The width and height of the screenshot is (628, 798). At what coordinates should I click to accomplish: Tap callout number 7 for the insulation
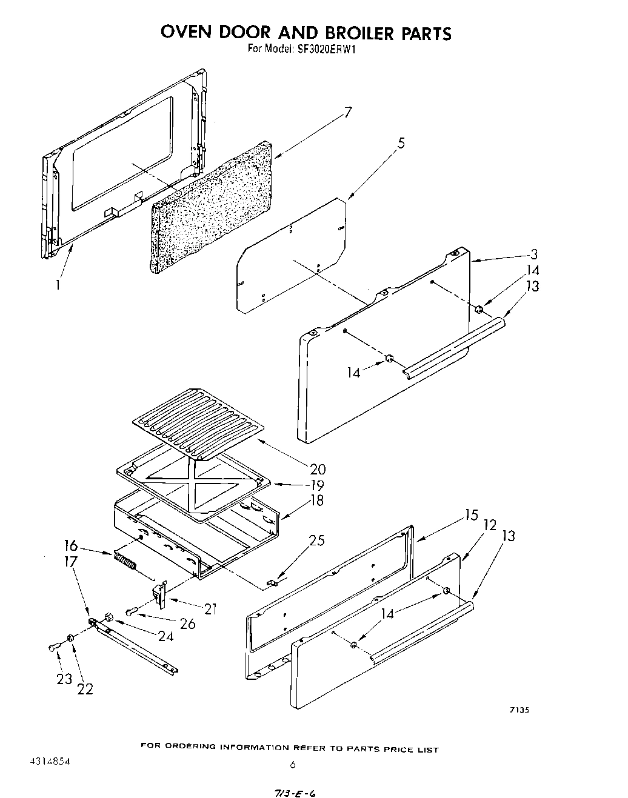[347, 112]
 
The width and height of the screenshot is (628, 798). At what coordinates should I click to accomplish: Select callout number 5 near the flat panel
[401, 144]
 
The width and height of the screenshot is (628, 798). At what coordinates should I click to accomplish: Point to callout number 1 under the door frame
[58, 284]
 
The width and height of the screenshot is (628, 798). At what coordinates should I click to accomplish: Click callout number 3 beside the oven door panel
[533, 254]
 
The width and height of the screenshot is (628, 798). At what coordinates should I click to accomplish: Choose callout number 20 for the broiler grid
[317, 468]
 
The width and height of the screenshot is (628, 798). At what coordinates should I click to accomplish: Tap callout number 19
[316, 485]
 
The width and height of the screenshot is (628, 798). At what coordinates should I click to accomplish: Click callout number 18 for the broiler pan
[316, 500]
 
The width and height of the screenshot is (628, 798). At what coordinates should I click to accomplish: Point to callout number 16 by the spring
[71, 545]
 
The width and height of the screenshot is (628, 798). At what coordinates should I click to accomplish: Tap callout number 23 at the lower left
[64, 679]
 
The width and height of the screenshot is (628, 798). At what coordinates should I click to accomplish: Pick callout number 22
[85, 688]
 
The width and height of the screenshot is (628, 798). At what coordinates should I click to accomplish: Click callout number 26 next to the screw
[188, 623]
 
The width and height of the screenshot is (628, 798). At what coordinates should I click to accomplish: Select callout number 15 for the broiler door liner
[472, 515]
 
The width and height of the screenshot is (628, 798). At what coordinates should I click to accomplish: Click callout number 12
[490, 524]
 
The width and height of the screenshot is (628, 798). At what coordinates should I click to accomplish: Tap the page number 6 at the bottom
[293, 765]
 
